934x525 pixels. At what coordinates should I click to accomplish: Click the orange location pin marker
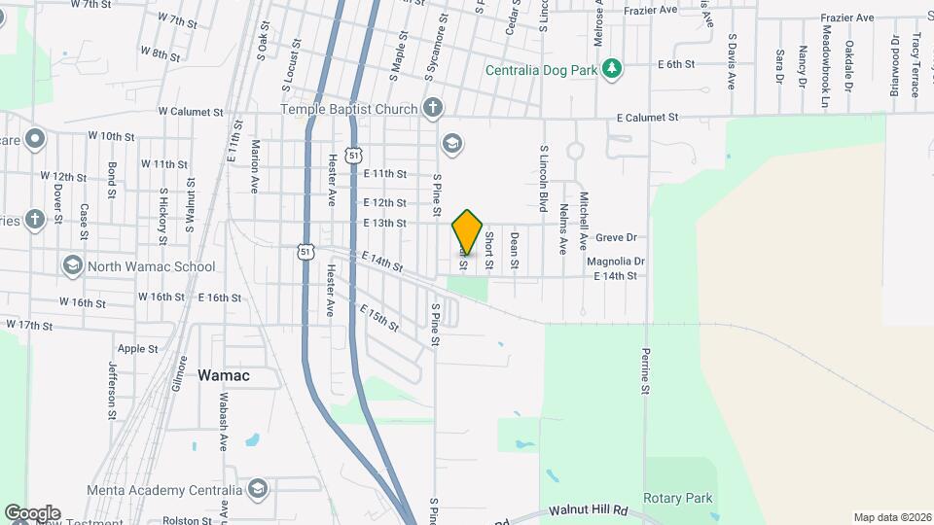tap(467, 232)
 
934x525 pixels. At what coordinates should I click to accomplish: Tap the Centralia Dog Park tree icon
tap(611, 68)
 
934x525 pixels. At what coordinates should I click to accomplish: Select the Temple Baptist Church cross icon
tap(433, 108)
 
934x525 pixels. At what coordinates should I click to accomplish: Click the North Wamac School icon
tap(72, 265)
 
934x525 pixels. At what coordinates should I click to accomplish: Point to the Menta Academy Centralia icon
tap(258, 488)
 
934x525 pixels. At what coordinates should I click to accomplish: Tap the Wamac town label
tap(224, 374)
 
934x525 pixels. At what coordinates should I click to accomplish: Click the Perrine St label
tap(644, 372)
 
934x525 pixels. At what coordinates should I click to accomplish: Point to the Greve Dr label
tap(616, 237)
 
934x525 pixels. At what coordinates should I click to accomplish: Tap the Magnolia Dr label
tap(616, 262)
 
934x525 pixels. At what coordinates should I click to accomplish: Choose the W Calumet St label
tap(184, 112)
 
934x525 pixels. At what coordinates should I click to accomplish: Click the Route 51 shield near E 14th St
tap(305, 251)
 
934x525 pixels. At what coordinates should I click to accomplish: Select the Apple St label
tap(137, 348)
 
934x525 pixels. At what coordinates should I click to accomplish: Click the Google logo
tap(31, 512)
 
